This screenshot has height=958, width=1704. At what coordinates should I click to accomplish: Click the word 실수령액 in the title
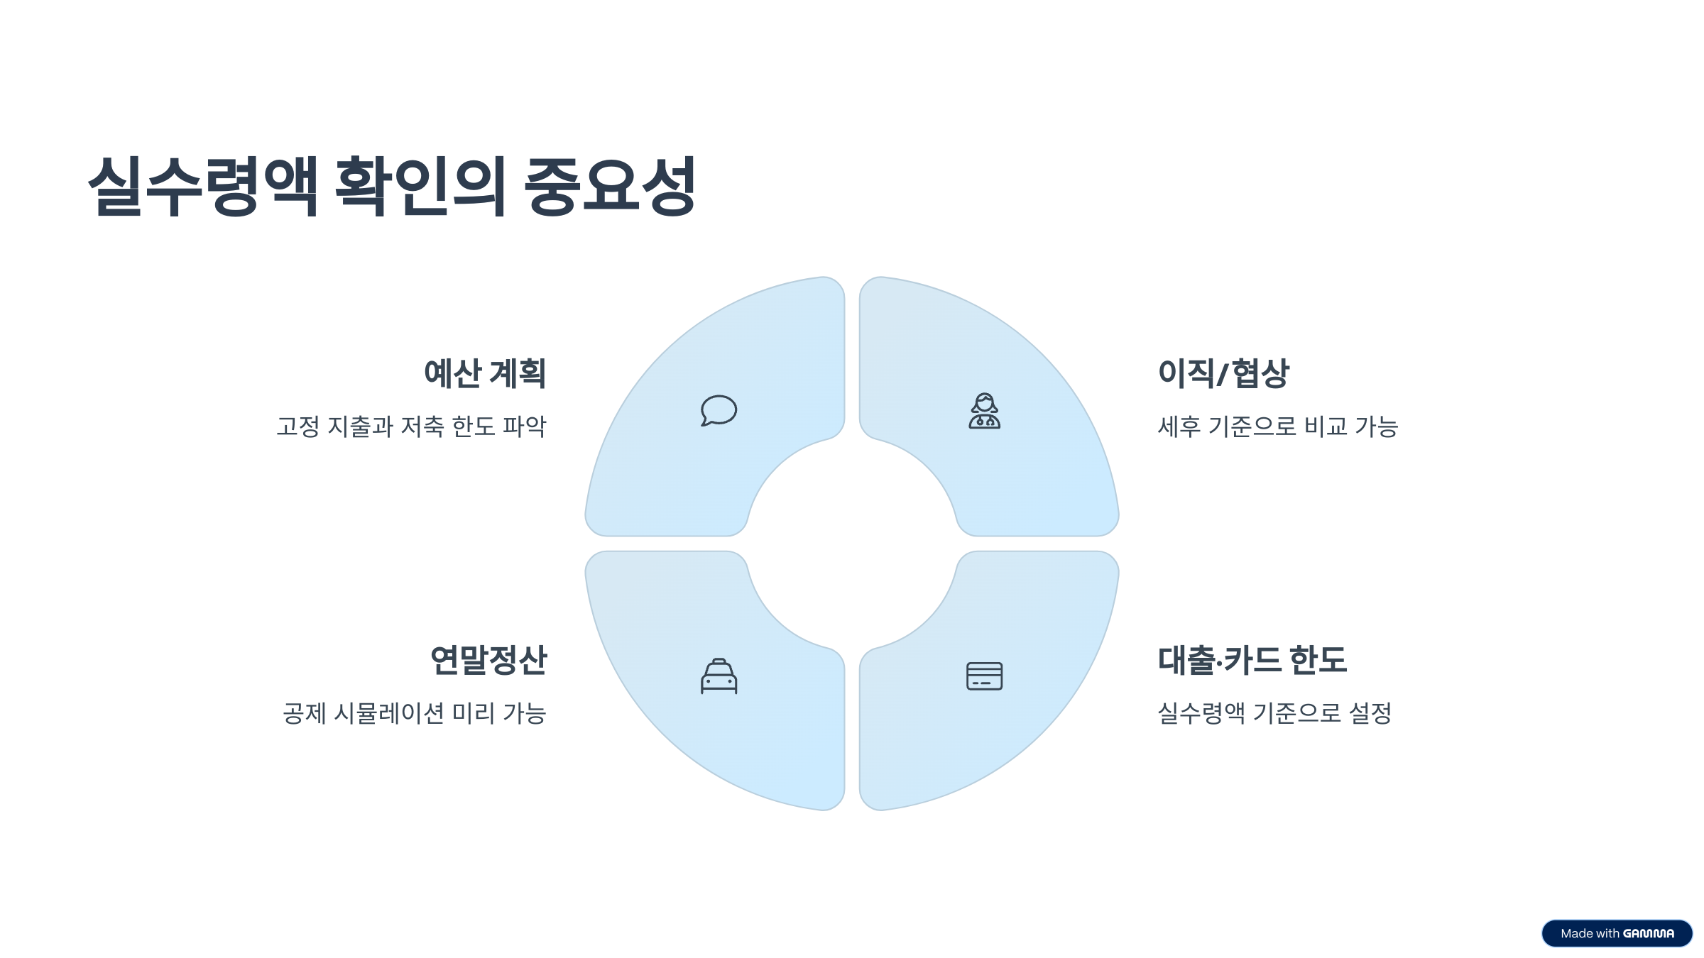click(203, 186)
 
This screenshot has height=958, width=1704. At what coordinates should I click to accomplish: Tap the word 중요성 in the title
click(610, 186)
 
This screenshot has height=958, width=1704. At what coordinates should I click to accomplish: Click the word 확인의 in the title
click(420, 186)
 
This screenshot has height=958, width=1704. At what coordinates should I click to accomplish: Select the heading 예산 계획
click(485, 373)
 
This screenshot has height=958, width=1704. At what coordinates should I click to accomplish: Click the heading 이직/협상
click(1223, 373)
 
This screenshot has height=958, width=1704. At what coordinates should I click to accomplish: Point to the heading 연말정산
click(488, 660)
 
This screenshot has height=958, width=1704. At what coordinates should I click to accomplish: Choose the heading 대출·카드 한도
click(1252, 660)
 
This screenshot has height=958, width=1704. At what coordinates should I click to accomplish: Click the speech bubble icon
click(719, 411)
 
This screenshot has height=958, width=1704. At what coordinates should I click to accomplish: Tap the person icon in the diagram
click(985, 411)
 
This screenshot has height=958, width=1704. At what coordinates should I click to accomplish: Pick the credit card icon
click(985, 676)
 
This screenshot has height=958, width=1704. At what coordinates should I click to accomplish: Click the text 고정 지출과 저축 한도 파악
click(411, 426)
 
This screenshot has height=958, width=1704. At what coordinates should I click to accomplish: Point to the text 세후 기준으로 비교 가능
click(1277, 426)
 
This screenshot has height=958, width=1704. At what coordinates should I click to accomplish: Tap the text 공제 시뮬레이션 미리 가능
click(415, 713)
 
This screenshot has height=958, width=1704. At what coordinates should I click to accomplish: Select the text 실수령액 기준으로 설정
click(1274, 713)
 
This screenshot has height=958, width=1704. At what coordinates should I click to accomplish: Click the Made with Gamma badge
click(1617, 933)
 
